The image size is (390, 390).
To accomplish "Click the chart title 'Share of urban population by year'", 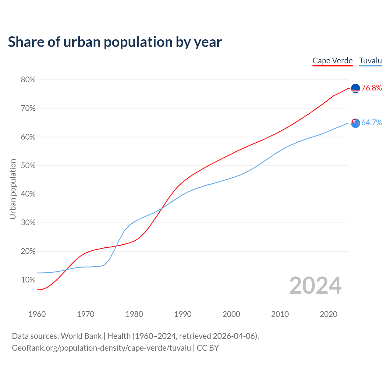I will pos(115,42).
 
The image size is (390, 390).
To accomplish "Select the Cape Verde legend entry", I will pos(332,61).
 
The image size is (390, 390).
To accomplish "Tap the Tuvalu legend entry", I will pos(370,61).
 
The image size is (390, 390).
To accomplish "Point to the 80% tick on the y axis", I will pos(28,80).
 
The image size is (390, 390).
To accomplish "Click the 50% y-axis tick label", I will pos(28,166).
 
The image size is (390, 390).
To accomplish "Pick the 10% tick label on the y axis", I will pos(28,280).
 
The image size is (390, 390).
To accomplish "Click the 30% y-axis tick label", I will pos(28,223).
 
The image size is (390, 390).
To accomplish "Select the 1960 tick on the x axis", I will pos(37,314).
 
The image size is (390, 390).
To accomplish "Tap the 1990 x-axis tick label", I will pos(183,314).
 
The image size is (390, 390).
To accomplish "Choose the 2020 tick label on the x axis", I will pos(328,314).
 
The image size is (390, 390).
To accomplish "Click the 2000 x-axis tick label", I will pos(231,314).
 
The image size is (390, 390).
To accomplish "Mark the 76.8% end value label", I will pos(372,88).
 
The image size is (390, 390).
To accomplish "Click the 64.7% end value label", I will pos(372,123).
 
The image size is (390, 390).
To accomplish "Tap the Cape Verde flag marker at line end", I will pos(356,88).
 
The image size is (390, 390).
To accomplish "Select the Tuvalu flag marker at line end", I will pos(356,123).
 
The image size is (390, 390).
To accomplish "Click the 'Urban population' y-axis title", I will pos(13,189).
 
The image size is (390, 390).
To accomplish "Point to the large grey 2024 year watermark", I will pos(315,286).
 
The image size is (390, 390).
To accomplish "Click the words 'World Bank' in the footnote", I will pos(81,336).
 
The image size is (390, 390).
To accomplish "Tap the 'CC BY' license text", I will pos(208,348).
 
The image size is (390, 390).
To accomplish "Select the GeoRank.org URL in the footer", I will pos(101,348).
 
